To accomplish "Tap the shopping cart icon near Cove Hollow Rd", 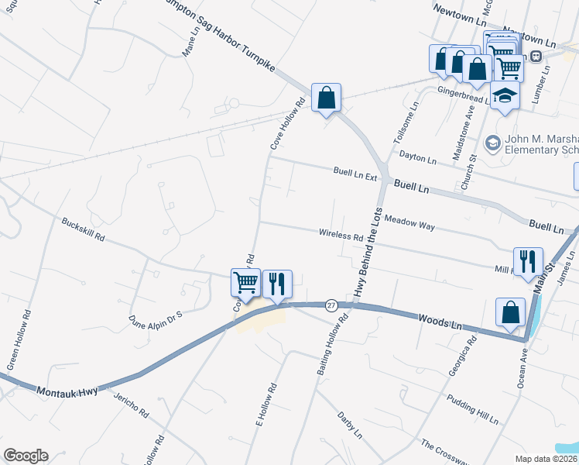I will (x=245, y=283).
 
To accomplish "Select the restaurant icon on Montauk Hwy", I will (x=276, y=283).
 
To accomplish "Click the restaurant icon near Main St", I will (x=528, y=261).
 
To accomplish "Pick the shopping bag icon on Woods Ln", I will (x=510, y=312).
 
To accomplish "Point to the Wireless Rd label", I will (x=341, y=234).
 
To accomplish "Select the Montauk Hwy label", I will (x=67, y=393).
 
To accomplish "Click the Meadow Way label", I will (x=409, y=224).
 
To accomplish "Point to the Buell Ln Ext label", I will (x=355, y=174).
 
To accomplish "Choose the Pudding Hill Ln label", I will (x=472, y=408).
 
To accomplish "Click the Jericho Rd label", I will (x=130, y=405).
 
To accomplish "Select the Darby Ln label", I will (x=350, y=425).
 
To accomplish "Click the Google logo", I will (x=26, y=456).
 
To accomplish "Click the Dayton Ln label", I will (x=418, y=158).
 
